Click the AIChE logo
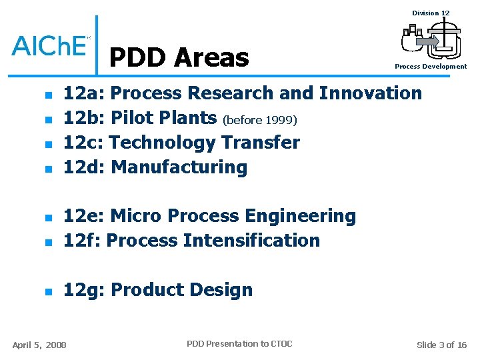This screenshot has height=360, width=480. pyautogui.click(x=49, y=45)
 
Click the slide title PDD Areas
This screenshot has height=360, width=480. pyautogui.click(x=179, y=58)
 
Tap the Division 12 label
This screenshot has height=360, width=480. pyautogui.click(x=431, y=13)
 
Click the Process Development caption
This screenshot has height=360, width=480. pyautogui.click(x=431, y=67)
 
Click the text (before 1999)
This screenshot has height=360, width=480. pyautogui.click(x=260, y=121)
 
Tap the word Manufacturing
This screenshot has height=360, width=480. pyautogui.click(x=179, y=167)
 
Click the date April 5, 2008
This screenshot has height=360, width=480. pyautogui.click(x=39, y=345)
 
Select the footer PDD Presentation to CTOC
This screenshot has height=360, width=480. pyautogui.click(x=239, y=344)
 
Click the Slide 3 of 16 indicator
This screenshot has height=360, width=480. pyautogui.click(x=441, y=345)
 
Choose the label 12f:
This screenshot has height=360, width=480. pyautogui.click(x=82, y=240)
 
